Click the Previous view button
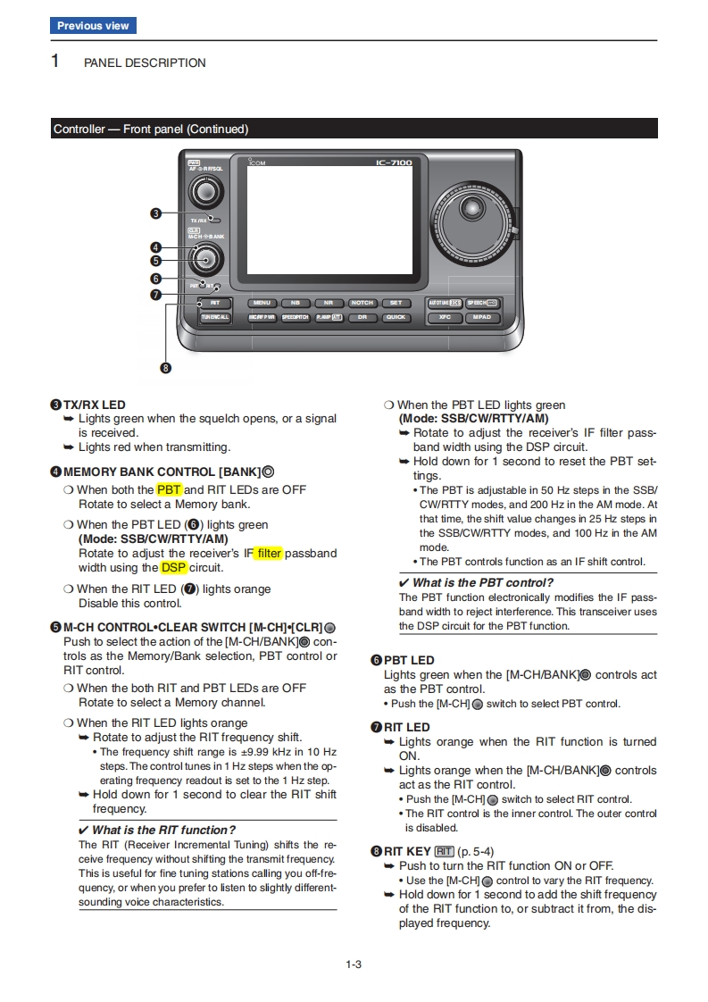tap(93, 26)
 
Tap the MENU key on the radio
tap(262, 303)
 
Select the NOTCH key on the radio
tap(362, 303)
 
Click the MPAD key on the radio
tap(482, 317)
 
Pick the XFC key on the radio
tap(445, 317)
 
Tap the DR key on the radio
tap(362, 317)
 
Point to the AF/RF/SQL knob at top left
tap(205, 191)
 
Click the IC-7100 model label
tap(394, 163)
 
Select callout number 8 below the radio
tap(165, 367)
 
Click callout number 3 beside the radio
tap(155, 213)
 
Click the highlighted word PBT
tap(169, 489)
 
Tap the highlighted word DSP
tap(173, 567)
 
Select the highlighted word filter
tap(269, 553)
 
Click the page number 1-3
tap(354, 964)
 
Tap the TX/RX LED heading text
tap(94, 405)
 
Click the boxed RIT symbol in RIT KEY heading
tap(444, 851)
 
